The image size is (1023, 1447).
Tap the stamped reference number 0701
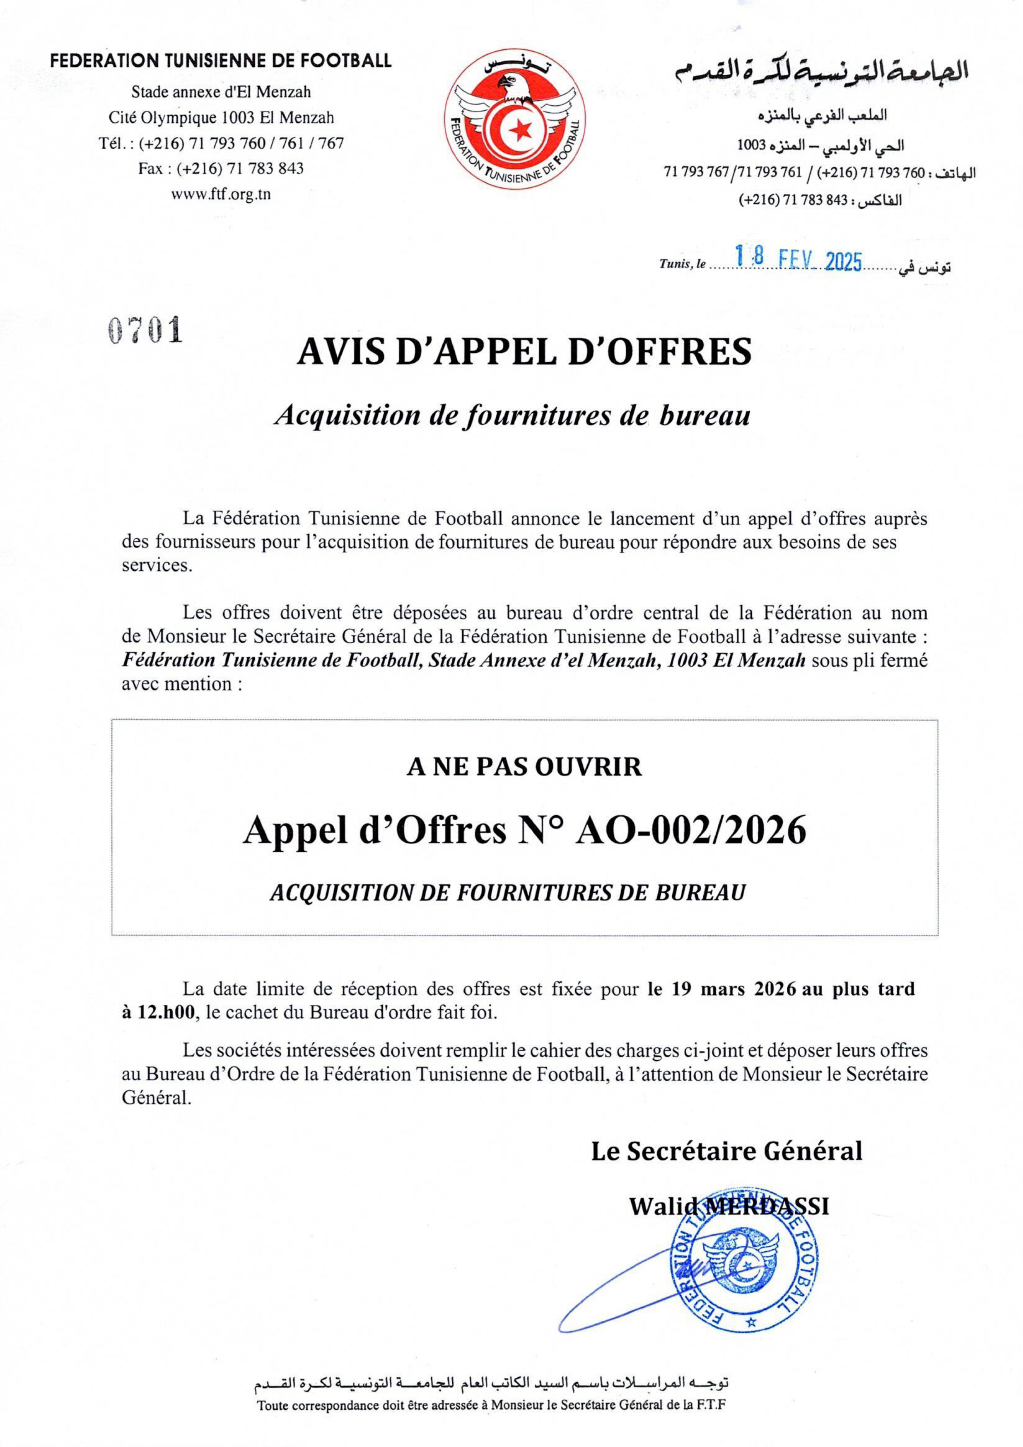[145, 330]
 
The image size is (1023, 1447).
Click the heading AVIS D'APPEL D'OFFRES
[524, 351]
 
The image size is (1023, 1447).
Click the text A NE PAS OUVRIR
[524, 767]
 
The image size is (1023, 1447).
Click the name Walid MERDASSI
[729, 1206]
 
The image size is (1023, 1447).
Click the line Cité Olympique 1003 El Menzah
[221, 118]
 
